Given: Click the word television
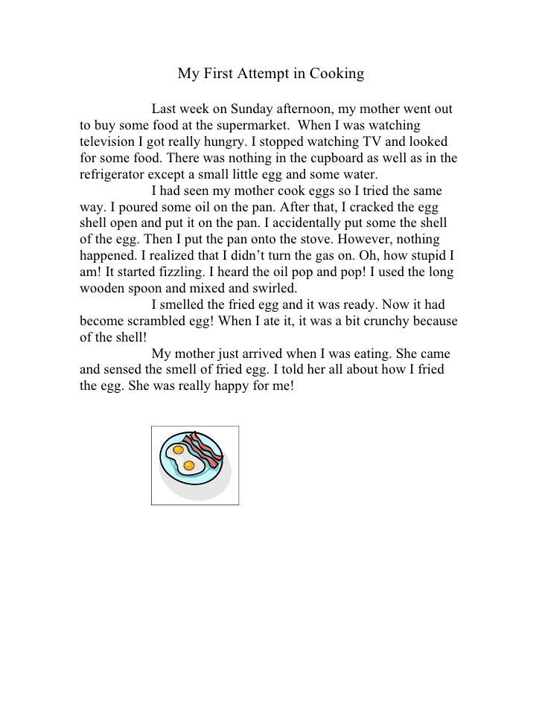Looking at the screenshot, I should tap(109, 143).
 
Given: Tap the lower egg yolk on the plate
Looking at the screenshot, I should tap(187, 467).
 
